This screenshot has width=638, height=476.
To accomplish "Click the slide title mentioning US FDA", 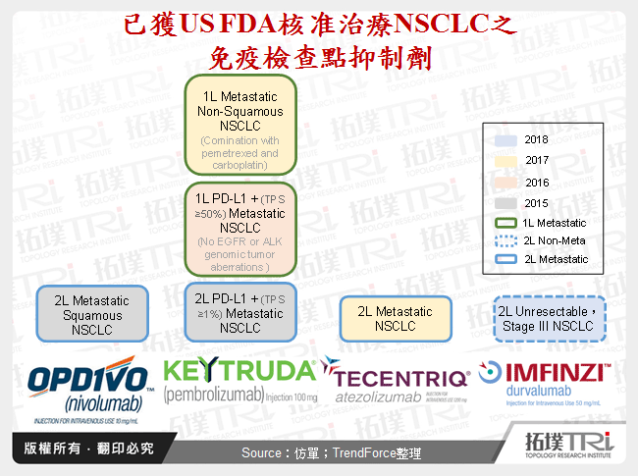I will pyautogui.click(x=319, y=39).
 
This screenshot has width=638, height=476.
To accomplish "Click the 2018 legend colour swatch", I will pyautogui.click(x=505, y=139).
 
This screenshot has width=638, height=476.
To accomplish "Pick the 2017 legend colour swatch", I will pyautogui.click(x=505, y=159).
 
